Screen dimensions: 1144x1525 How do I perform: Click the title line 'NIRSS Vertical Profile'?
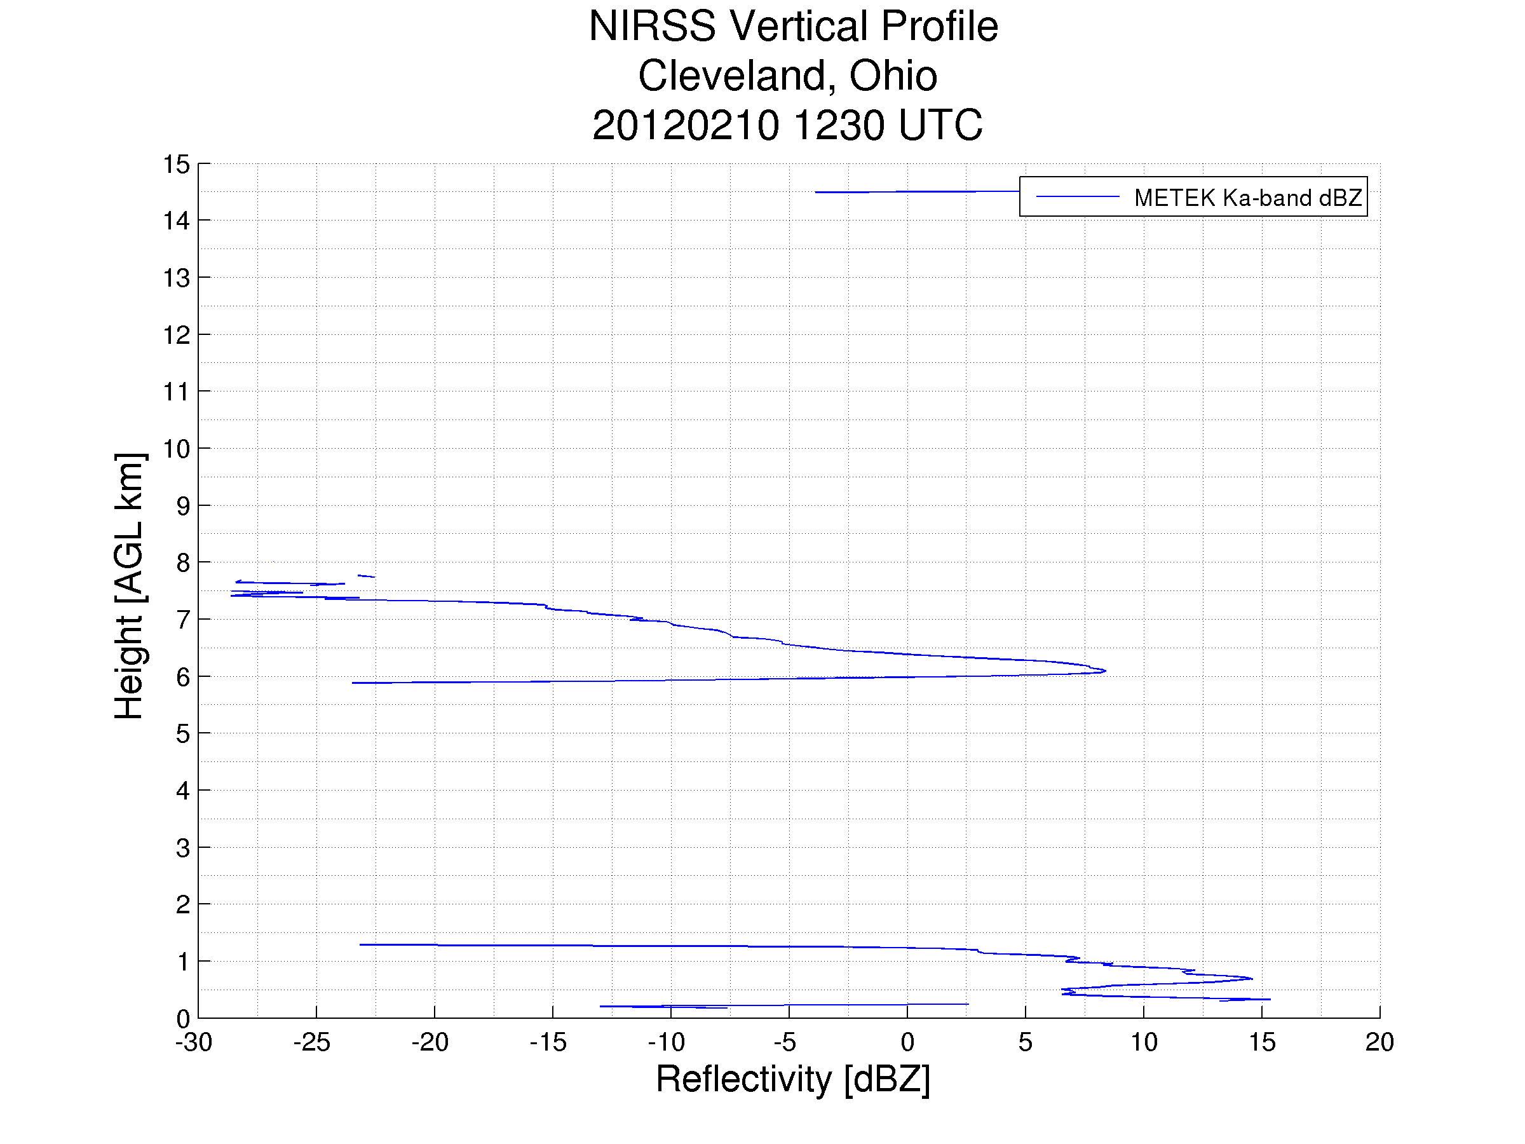point(793,27)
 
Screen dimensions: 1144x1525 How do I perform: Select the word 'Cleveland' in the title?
point(731,76)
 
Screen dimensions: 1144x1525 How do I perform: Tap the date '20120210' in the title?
point(685,125)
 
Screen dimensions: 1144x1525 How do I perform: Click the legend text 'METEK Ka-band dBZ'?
point(1247,198)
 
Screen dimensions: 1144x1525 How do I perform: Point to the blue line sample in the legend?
point(1077,197)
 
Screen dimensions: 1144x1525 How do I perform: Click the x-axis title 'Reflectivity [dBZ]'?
point(793,1079)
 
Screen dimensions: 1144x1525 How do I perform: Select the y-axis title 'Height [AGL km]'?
point(130,586)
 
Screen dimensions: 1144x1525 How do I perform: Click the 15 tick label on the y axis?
point(176,165)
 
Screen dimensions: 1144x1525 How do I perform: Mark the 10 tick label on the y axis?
point(176,449)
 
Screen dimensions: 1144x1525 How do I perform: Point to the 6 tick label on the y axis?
point(183,677)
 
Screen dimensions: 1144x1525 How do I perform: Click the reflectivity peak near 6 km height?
point(1104,671)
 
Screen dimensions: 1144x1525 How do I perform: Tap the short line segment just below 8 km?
point(366,576)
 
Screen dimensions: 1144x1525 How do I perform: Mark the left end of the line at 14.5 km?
point(817,193)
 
